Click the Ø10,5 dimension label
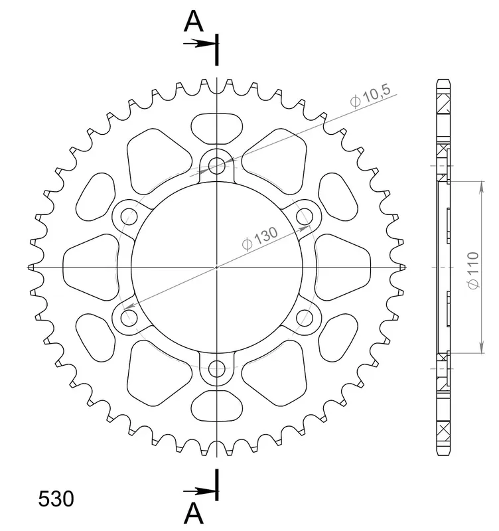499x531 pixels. coord(370,96)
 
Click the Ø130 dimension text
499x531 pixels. coord(260,238)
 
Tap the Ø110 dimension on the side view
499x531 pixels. coord(473,270)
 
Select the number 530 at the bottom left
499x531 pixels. coord(56,499)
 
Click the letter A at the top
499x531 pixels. coord(194,21)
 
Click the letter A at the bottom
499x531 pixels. coord(194,513)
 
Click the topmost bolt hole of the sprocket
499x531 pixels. coord(217,165)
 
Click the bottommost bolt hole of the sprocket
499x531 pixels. coord(217,369)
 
